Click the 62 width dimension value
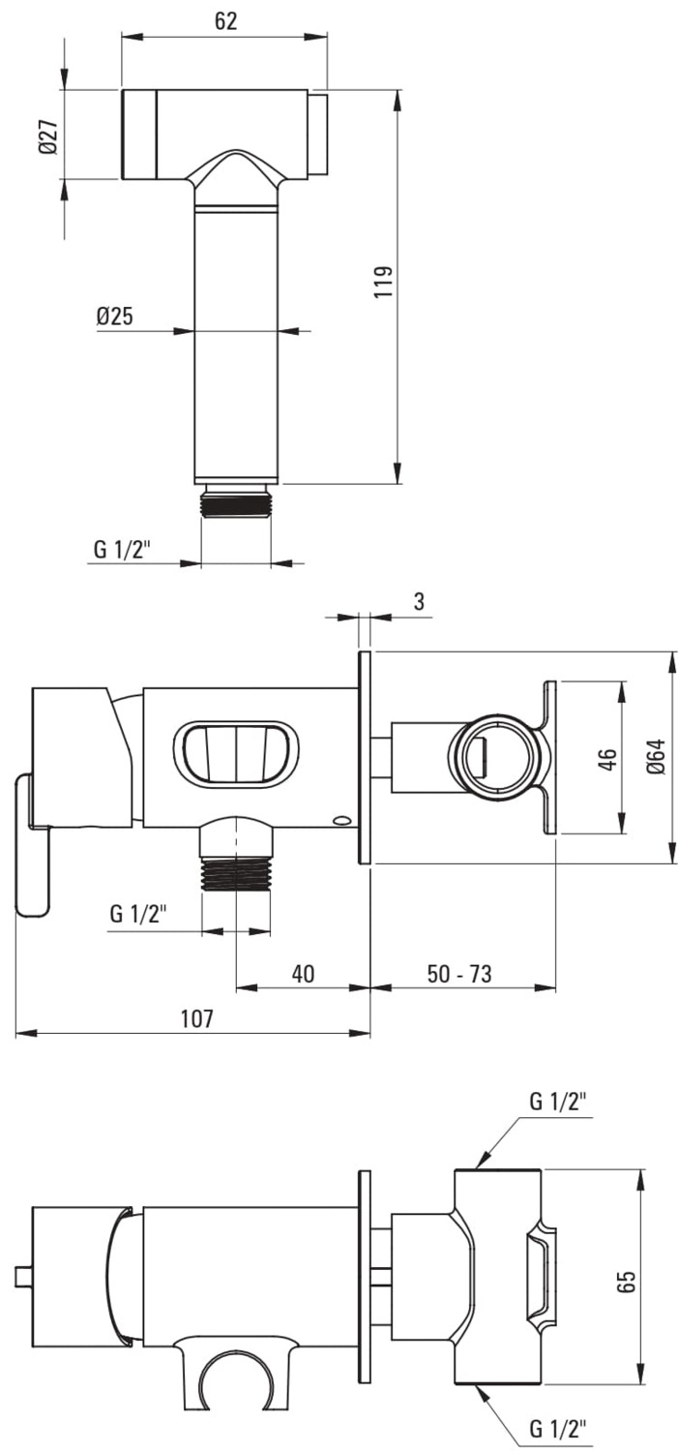[225, 20]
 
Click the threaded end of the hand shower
[236, 502]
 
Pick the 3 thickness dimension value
[419, 601]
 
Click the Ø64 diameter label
[656, 755]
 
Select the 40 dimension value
[303, 973]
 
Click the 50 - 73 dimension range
[459, 973]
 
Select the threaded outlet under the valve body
[236, 876]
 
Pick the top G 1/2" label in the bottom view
[558, 1102]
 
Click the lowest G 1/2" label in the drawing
[558, 1429]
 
